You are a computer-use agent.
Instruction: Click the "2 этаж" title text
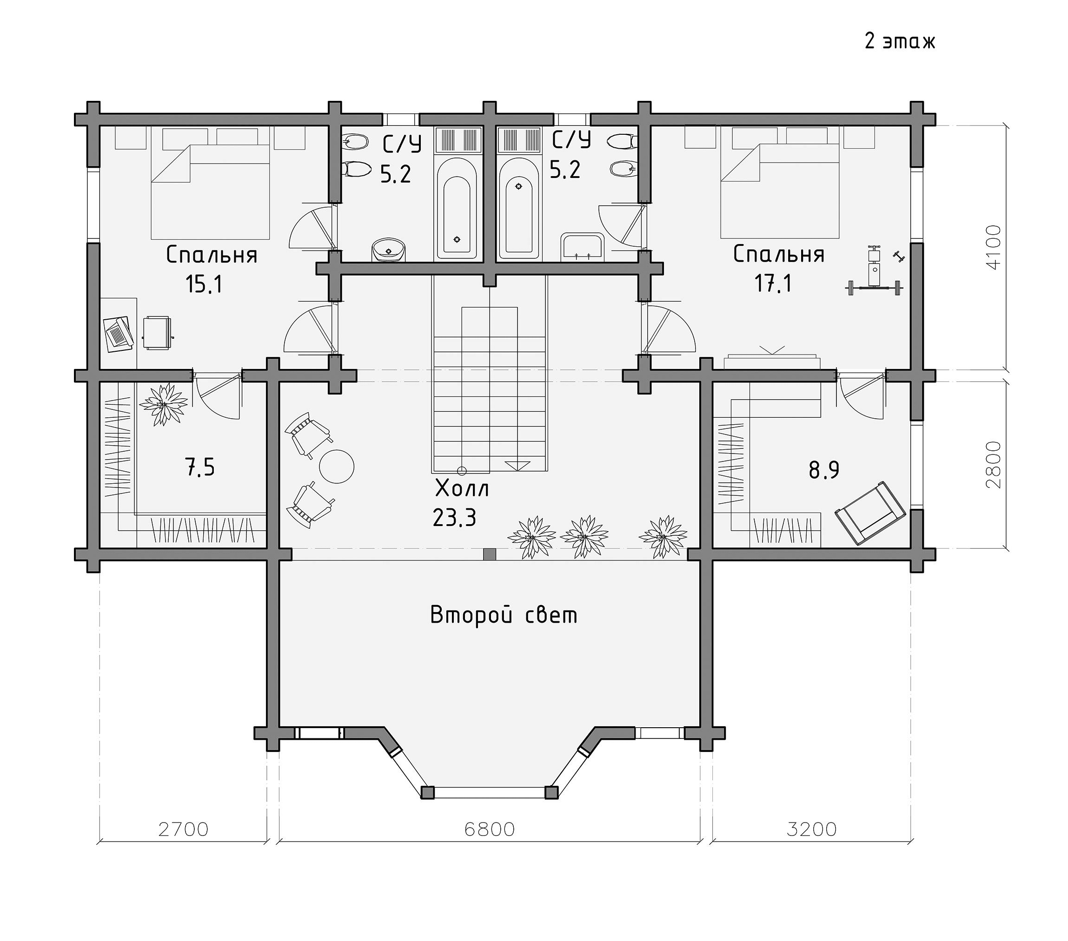[900, 41]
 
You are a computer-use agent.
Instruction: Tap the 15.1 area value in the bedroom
[204, 284]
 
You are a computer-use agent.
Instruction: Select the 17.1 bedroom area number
[773, 283]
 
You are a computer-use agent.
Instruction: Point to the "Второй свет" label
[504, 615]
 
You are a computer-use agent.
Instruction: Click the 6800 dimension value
[490, 829]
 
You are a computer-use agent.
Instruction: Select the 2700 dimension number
[183, 829]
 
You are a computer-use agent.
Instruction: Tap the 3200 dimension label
[811, 829]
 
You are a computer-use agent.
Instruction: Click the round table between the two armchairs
[337, 467]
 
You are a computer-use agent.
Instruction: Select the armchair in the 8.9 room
[869, 513]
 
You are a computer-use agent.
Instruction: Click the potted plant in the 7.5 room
[164, 404]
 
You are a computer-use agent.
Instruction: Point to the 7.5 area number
[200, 467]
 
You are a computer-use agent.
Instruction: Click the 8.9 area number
[824, 470]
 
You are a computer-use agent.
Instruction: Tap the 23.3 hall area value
[455, 518]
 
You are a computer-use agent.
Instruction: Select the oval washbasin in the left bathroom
[388, 250]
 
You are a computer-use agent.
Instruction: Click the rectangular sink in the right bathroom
[583, 248]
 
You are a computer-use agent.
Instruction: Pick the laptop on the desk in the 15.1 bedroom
[119, 332]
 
